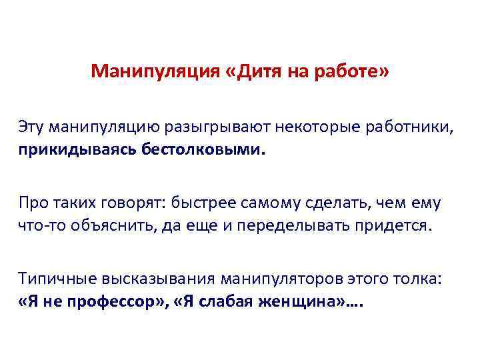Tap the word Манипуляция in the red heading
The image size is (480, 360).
[x=154, y=71]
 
